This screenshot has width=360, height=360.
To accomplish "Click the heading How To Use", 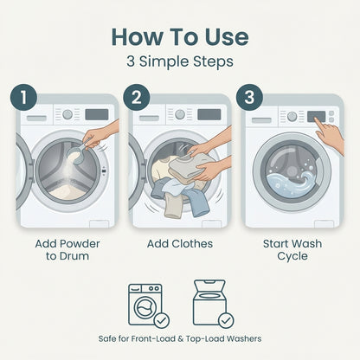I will click(180, 37).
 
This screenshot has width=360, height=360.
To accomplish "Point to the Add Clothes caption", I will click(180, 244).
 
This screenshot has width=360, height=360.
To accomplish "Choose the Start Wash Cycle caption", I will click(292, 250).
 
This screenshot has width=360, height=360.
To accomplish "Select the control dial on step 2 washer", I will click(180, 114).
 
